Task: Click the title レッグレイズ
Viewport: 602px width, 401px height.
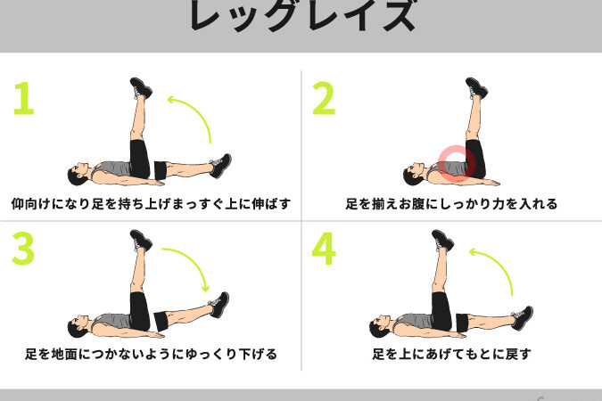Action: click(x=301, y=16)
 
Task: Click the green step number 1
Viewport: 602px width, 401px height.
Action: click(x=23, y=99)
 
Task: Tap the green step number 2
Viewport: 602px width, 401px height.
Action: click(x=324, y=99)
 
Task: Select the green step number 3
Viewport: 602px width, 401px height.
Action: click(x=23, y=250)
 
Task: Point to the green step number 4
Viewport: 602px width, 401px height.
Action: click(x=324, y=250)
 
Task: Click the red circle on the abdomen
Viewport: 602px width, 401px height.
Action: click(x=456, y=164)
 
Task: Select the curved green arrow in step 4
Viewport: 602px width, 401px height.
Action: click(x=497, y=267)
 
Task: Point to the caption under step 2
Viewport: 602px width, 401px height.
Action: click(x=451, y=203)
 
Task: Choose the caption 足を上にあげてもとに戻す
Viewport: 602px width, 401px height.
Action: click(x=451, y=354)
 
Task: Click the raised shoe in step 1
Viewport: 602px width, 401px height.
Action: click(x=141, y=88)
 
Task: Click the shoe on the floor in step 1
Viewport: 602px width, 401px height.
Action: click(x=220, y=165)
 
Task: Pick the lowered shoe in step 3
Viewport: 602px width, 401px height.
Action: click(x=219, y=304)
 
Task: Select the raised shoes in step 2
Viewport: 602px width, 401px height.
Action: click(x=476, y=88)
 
